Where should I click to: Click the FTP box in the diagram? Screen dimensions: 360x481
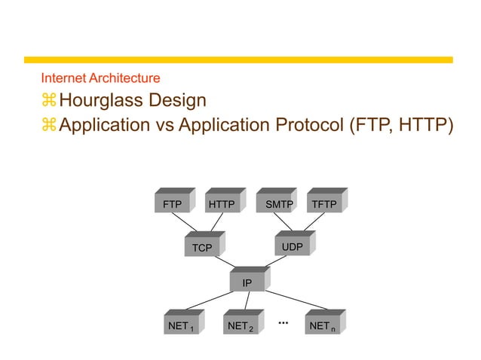pyautogui.click(x=172, y=204)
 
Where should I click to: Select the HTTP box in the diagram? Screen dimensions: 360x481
pyautogui.click(x=222, y=204)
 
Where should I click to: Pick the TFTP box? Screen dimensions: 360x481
pyautogui.click(x=324, y=204)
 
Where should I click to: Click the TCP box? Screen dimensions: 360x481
pyautogui.click(x=202, y=248)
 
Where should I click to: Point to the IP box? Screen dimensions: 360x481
pyautogui.click(x=247, y=283)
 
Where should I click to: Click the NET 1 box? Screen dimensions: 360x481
pyautogui.click(x=182, y=326)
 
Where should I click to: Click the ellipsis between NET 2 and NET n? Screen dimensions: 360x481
pyautogui.click(x=283, y=322)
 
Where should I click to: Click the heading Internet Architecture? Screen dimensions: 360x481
pyautogui.click(x=100, y=78)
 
